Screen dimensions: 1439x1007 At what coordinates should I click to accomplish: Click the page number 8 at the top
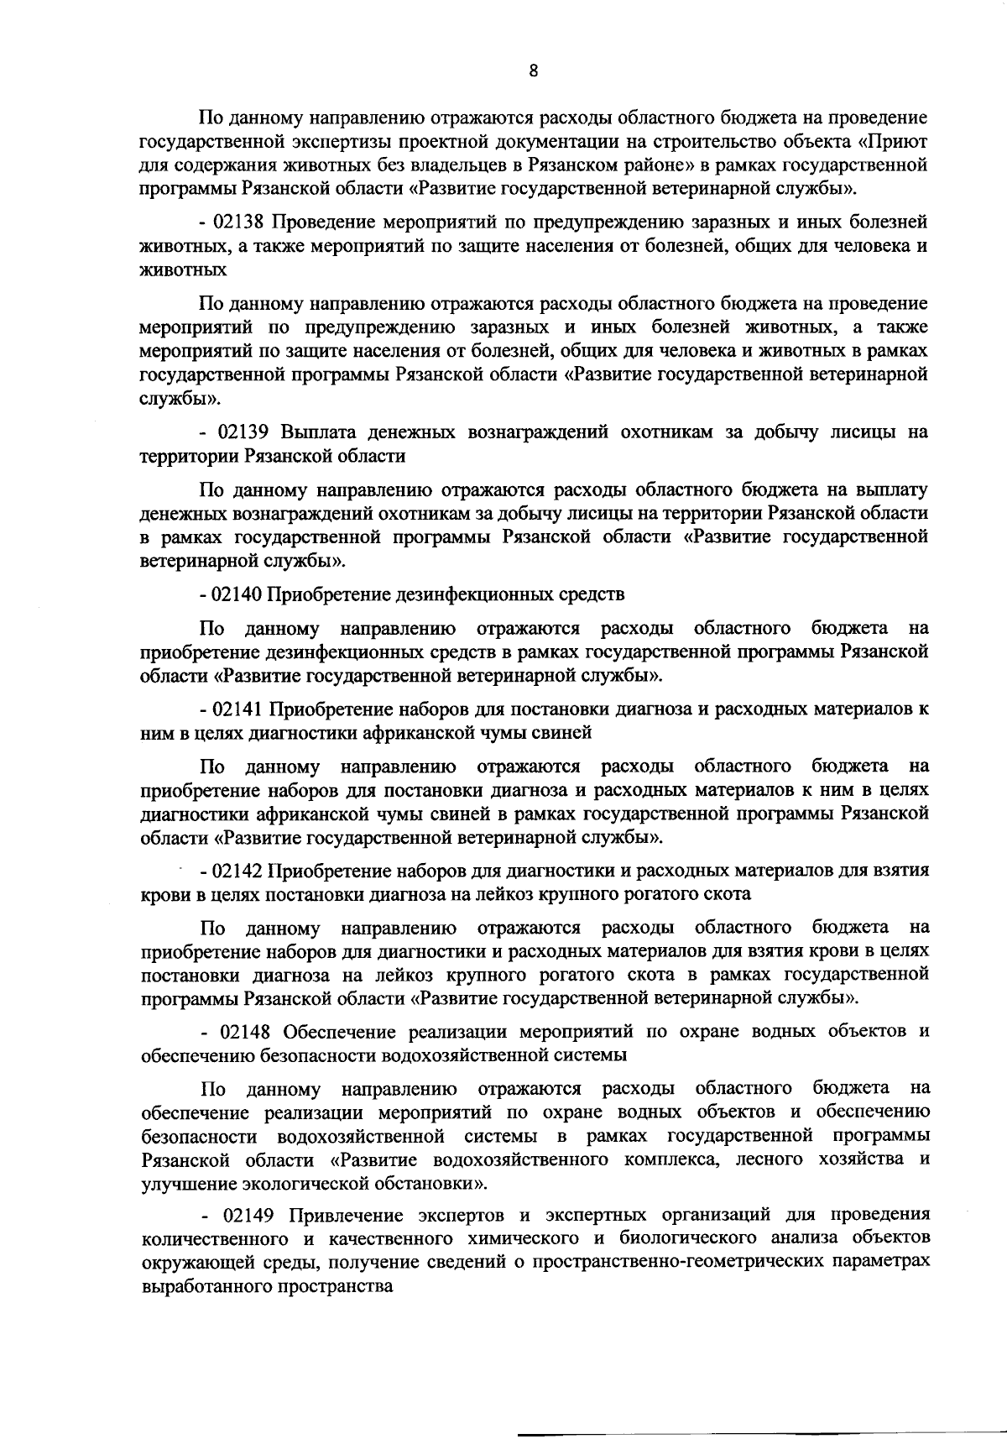point(534,71)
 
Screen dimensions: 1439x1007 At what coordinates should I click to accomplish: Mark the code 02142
point(239,871)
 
